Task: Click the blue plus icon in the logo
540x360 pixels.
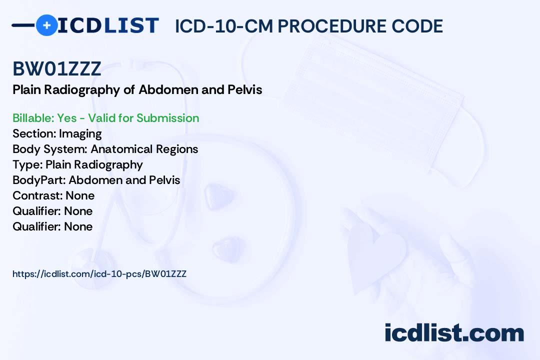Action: (46, 25)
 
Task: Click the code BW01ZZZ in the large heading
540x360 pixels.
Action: (57, 69)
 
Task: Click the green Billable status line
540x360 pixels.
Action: (105, 118)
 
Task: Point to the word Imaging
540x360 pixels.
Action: (80, 134)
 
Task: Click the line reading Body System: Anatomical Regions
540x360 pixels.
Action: (105, 149)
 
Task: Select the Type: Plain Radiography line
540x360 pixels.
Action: (77, 164)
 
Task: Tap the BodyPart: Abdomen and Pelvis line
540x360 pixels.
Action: (96, 180)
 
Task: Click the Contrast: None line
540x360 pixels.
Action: (53, 195)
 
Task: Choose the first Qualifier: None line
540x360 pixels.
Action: (52, 211)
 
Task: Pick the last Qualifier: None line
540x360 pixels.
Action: (52, 226)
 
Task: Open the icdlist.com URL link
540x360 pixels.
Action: (99, 274)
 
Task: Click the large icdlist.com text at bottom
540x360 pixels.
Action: (454, 332)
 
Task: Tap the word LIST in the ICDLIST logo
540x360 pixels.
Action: (131, 25)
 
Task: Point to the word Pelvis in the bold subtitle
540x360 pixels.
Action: (245, 90)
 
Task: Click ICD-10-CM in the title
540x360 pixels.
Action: (224, 26)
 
